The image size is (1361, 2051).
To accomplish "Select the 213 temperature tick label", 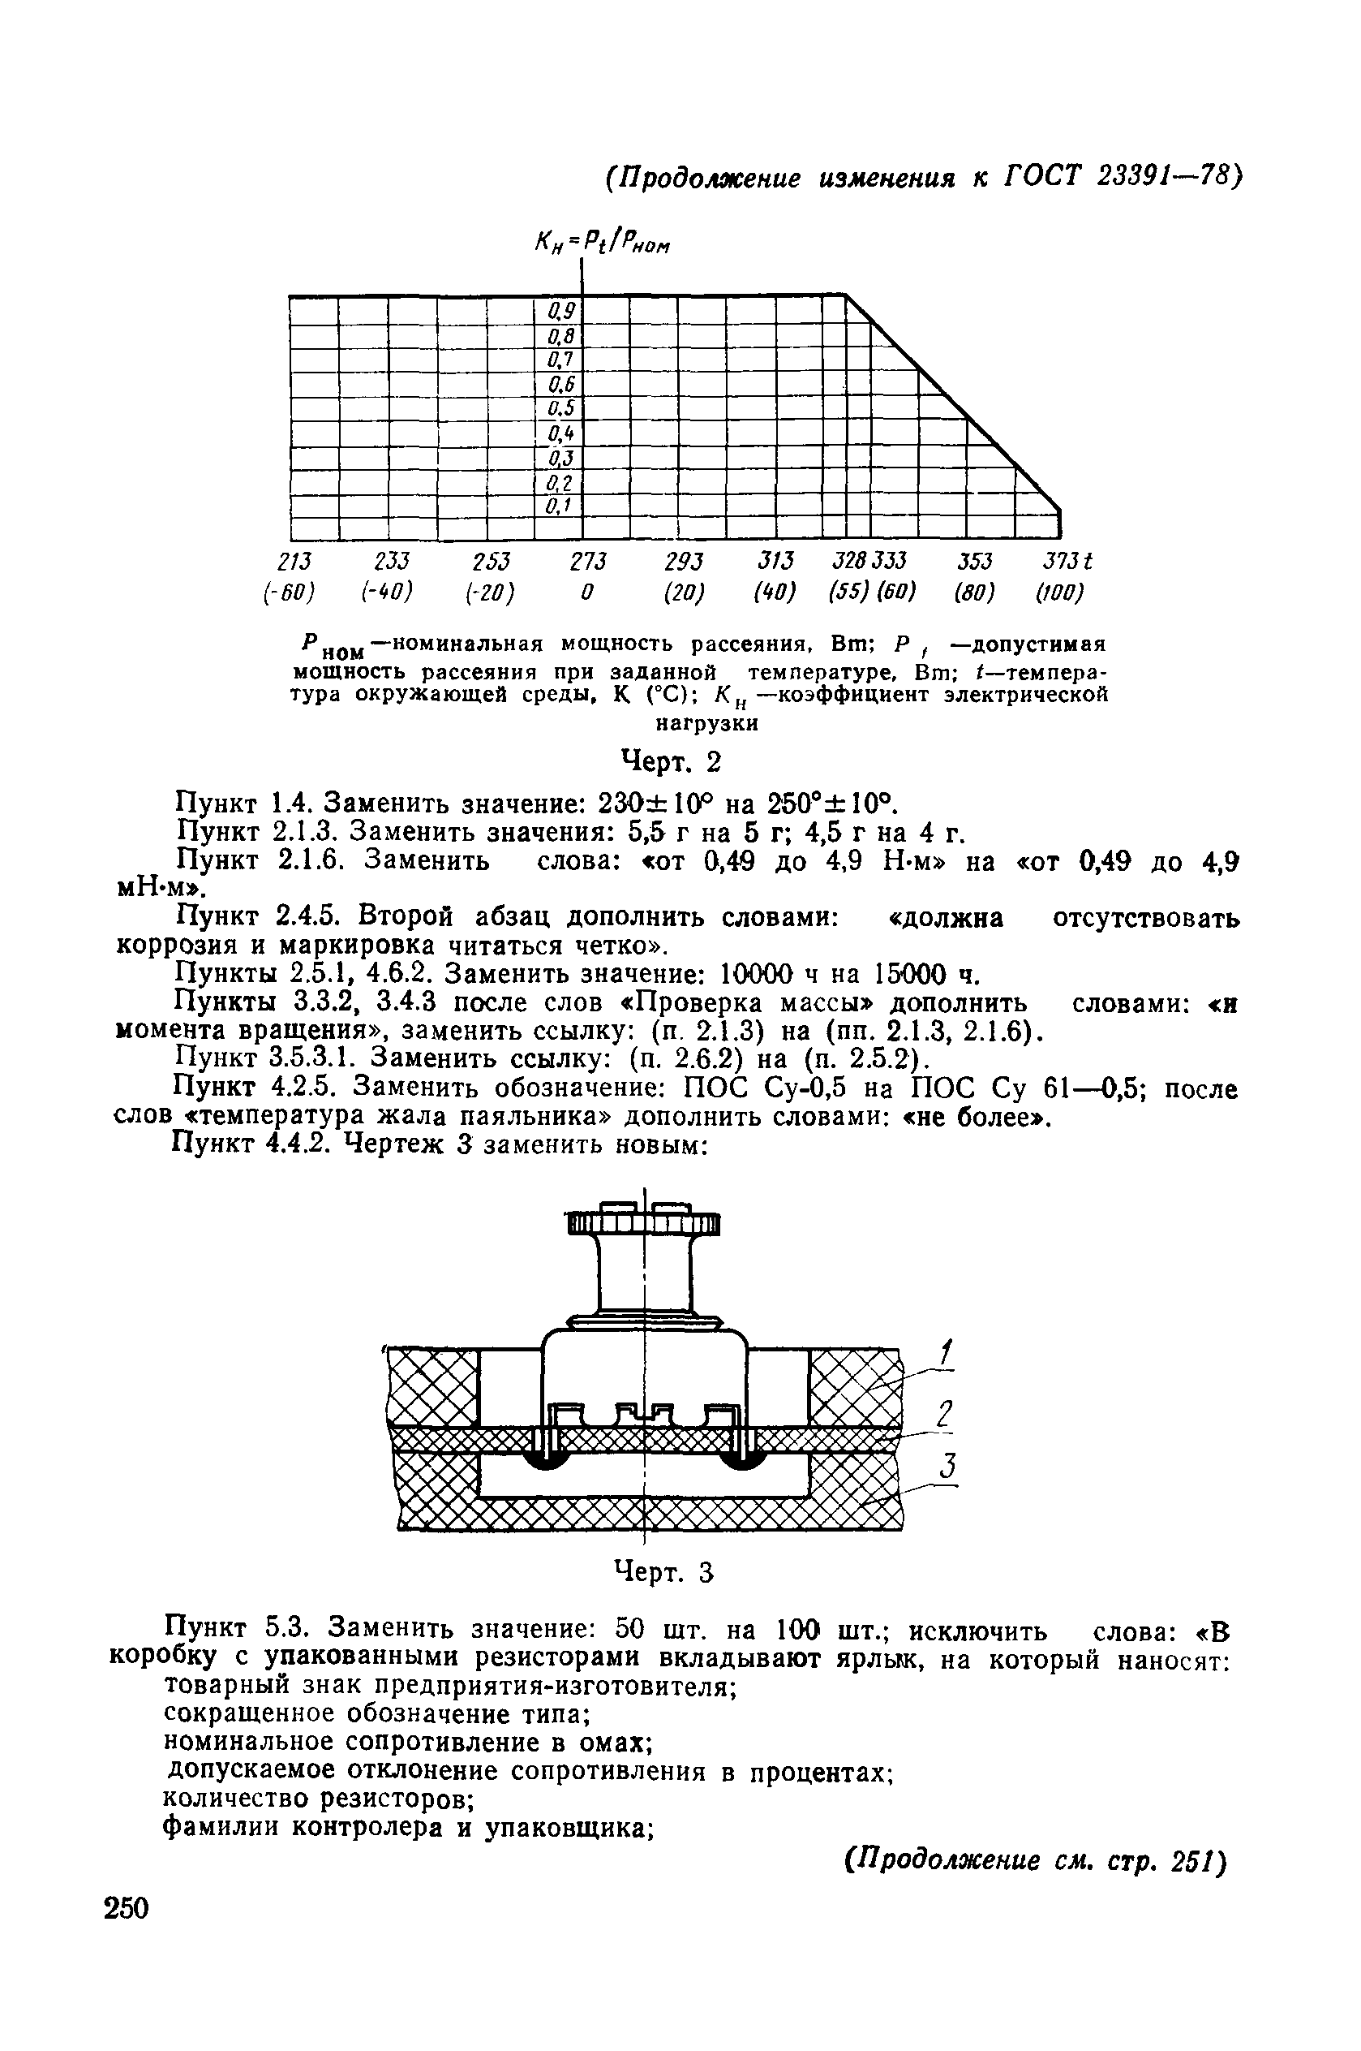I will point(294,561).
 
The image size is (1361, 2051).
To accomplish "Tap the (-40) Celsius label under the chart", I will point(386,593).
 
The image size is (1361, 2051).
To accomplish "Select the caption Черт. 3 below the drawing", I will point(663,1571).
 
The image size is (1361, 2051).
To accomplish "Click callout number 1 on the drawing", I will point(946,1352).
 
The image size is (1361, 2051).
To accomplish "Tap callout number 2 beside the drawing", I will point(945,1412).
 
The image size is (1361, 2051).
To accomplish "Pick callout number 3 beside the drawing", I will point(948,1467).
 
